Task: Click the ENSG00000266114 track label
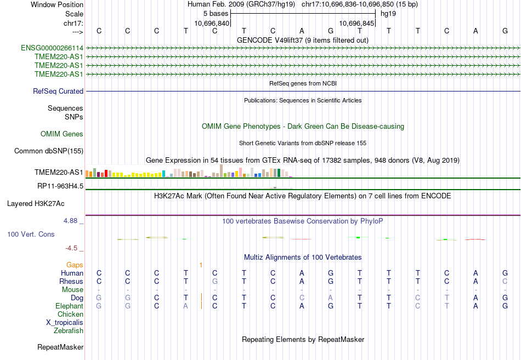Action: [x=52, y=48]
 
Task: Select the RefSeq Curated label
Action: [x=58, y=92]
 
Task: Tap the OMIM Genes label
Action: [x=62, y=134]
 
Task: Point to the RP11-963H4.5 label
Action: [x=60, y=186]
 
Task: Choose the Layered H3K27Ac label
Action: [x=36, y=204]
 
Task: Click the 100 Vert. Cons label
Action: [x=31, y=234]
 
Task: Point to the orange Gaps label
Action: [x=75, y=265]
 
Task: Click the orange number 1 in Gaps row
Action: [x=201, y=265]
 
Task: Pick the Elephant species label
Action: [x=69, y=306]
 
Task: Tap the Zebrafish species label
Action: [x=69, y=331]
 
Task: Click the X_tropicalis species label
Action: [x=65, y=323]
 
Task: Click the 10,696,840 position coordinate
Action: [x=212, y=24]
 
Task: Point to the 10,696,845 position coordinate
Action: [x=357, y=24]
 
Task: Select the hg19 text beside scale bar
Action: [x=388, y=13]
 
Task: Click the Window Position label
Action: [x=57, y=4]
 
